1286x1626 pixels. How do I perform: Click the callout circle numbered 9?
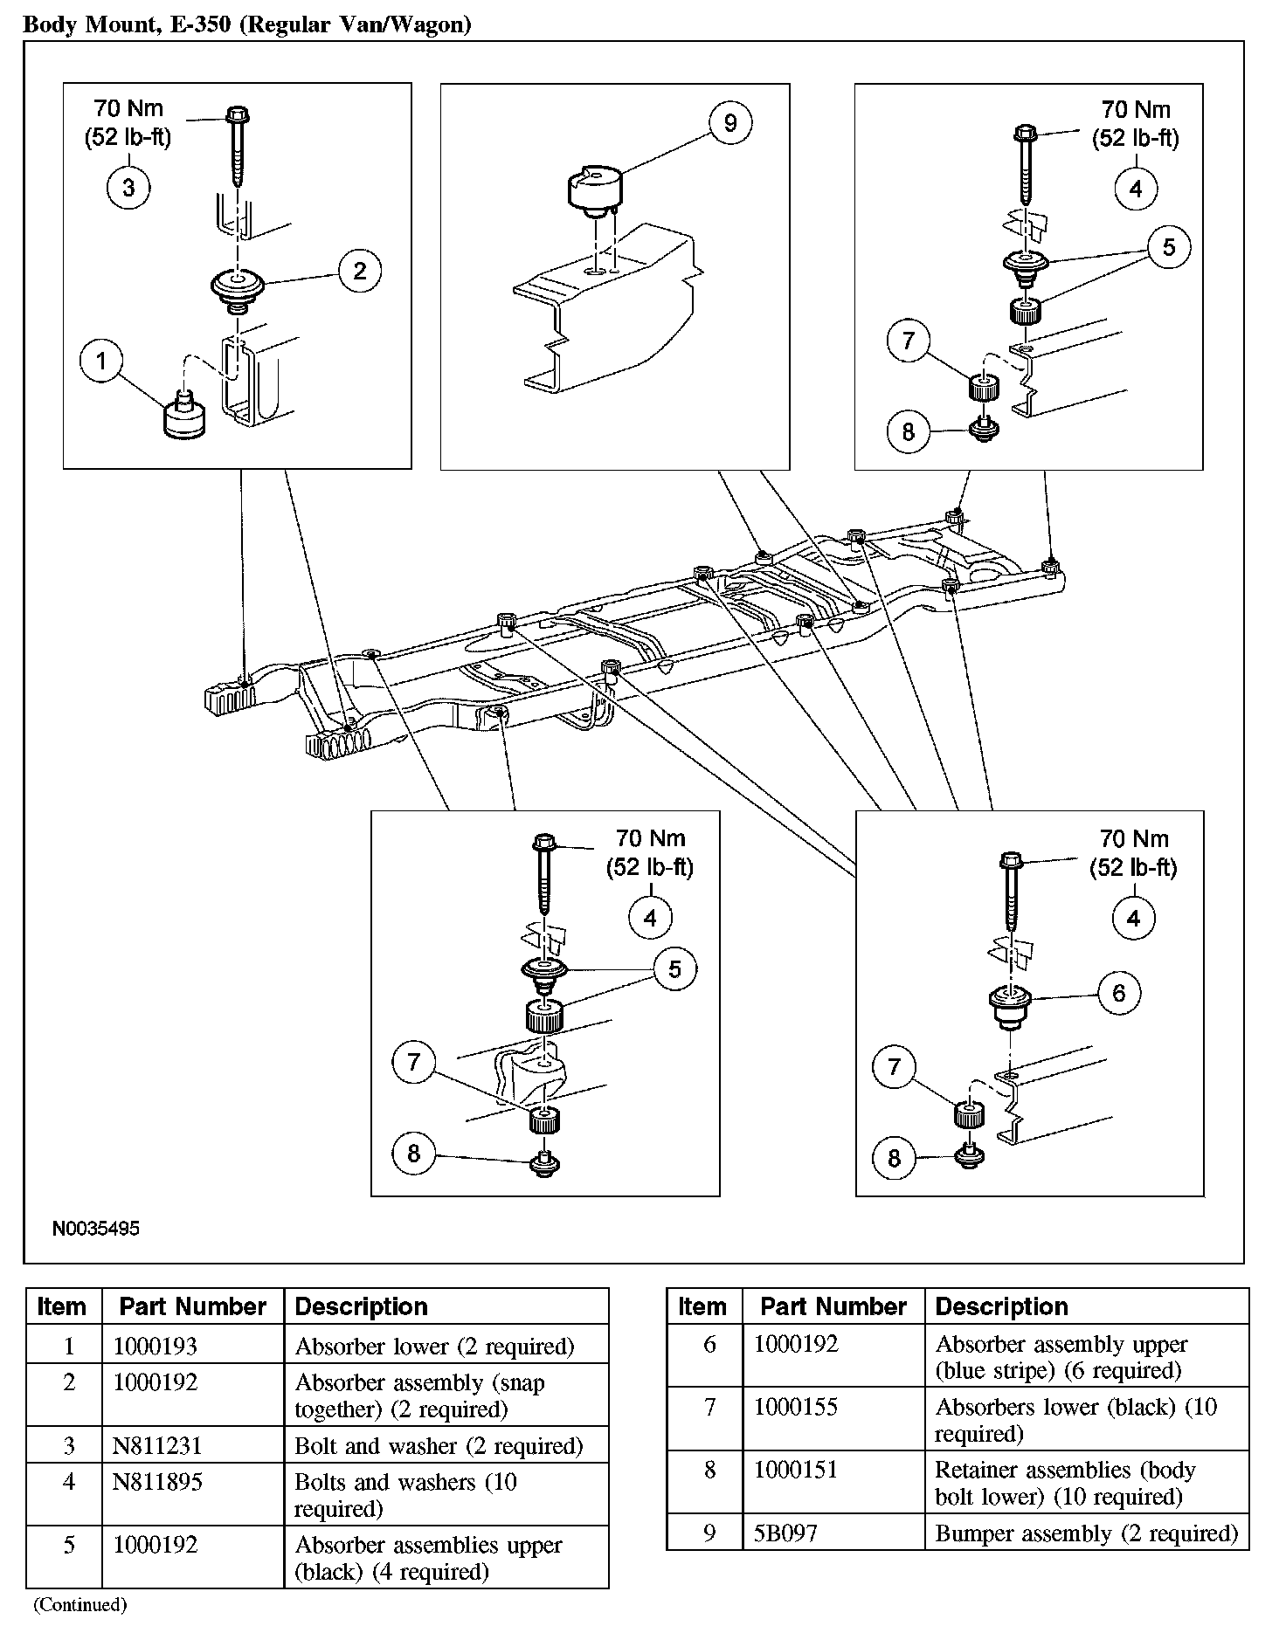[x=729, y=123]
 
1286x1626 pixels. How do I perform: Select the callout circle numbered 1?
[x=101, y=361]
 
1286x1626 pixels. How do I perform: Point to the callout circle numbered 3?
[x=128, y=188]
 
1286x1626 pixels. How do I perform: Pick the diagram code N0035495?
[x=96, y=1229]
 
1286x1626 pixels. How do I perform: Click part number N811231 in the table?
[x=157, y=1446]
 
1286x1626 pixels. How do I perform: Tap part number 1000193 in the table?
[x=156, y=1346]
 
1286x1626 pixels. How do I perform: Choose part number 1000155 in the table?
[x=796, y=1407]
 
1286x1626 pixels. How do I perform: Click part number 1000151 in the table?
[x=796, y=1470]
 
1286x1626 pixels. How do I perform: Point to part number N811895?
[x=157, y=1482]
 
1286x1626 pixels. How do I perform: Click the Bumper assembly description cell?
[x=1086, y=1533]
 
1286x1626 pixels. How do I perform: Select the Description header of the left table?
[x=361, y=1306]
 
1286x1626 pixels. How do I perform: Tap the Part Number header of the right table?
[x=833, y=1306]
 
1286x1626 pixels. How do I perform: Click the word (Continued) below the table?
[x=80, y=1604]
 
